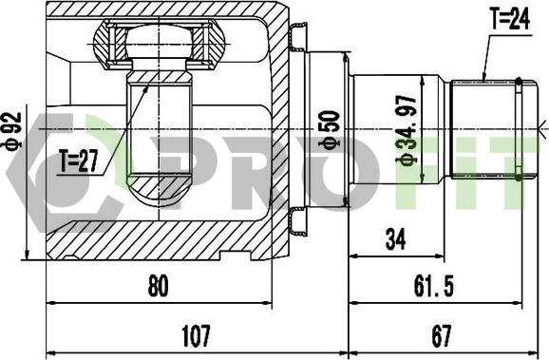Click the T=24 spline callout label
(510, 19)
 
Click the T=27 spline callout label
(79, 161)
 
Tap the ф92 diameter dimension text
(13, 131)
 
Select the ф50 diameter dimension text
(330, 130)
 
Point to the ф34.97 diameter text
(407, 129)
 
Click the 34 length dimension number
(395, 239)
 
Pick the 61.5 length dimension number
(434, 286)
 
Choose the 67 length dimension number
(442, 335)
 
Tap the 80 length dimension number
(159, 286)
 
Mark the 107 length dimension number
(196, 335)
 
